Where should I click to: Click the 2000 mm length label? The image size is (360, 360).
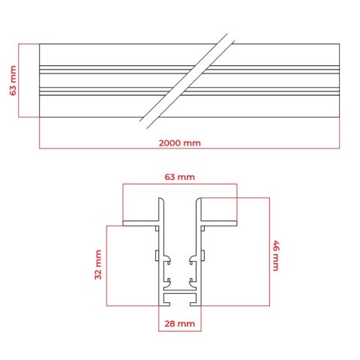click(x=180, y=143)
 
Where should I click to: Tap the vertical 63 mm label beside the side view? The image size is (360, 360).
click(x=13, y=80)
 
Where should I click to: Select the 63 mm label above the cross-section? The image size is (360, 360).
click(x=179, y=177)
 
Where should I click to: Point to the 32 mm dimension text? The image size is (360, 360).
click(x=98, y=265)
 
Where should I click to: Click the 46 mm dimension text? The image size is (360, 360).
click(x=276, y=256)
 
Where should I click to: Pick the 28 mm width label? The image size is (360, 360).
click(x=179, y=324)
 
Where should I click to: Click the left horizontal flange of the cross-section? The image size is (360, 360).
click(x=141, y=223)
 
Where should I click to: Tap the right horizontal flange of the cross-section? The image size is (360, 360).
click(x=219, y=223)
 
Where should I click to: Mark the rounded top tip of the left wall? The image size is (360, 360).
click(x=161, y=199)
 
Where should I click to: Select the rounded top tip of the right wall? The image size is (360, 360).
click(x=199, y=199)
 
